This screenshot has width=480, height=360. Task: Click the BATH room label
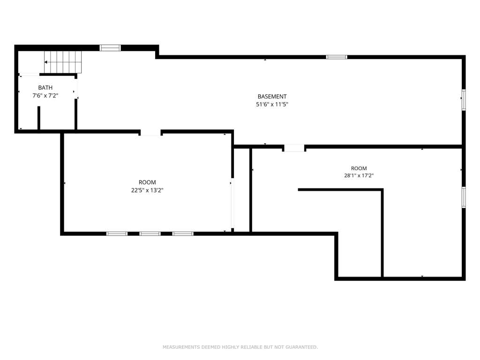point(45,88)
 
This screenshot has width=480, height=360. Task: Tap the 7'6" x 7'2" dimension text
point(45,96)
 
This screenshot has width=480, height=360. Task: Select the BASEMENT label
point(272,97)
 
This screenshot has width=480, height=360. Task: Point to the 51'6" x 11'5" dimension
point(272,105)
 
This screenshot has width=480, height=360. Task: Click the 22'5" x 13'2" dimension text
point(147,190)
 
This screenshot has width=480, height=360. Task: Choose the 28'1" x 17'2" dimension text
point(359,176)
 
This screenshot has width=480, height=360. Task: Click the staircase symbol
point(63,62)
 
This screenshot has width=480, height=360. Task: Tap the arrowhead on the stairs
point(45,62)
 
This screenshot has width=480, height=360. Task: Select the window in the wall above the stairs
point(110,48)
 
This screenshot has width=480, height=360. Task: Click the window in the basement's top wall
point(337,57)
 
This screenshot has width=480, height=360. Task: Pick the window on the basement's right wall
point(464,99)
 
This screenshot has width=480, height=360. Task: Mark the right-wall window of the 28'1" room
point(464,197)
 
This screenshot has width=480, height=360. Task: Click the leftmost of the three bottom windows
point(117,233)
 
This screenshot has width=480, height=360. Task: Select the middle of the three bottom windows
point(150,233)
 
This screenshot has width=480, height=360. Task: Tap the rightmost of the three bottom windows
point(183,233)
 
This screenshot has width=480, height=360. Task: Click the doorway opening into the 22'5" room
point(150,132)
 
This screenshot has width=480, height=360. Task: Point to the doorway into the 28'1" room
point(294,148)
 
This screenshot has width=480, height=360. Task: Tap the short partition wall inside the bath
point(39,118)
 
